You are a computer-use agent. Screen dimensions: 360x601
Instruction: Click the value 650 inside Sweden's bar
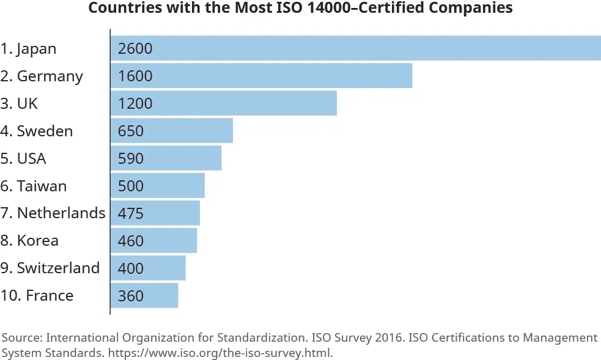pos(131,131)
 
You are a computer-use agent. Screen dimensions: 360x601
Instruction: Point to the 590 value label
pos(131,158)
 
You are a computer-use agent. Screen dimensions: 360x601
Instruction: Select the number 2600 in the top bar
pos(135,48)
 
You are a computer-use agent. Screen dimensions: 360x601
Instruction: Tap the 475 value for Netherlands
pos(131,213)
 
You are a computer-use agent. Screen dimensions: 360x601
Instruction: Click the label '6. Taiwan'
pos(34,186)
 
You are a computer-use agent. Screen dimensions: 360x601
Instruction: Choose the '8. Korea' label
pos(29,240)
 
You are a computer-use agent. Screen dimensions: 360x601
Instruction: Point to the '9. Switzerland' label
pos(50,268)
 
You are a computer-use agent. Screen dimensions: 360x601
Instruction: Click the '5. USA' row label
pos(23,158)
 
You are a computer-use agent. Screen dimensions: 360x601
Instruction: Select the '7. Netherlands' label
pos(53,213)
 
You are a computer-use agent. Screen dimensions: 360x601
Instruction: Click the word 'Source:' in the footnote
pos(21,338)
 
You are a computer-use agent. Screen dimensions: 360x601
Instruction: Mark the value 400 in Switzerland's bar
pos(131,268)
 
